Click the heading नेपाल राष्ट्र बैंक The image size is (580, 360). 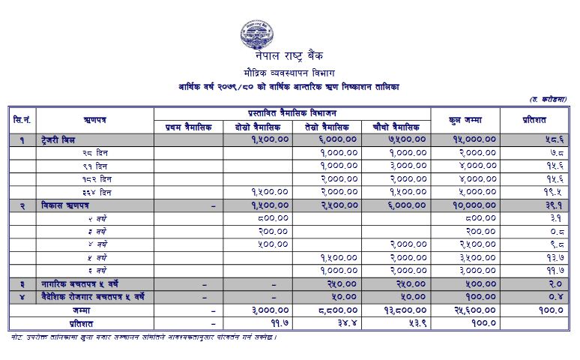click(288, 57)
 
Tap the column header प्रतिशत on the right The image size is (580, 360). click(537, 119)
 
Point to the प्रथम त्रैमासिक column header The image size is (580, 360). click(188, 127)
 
